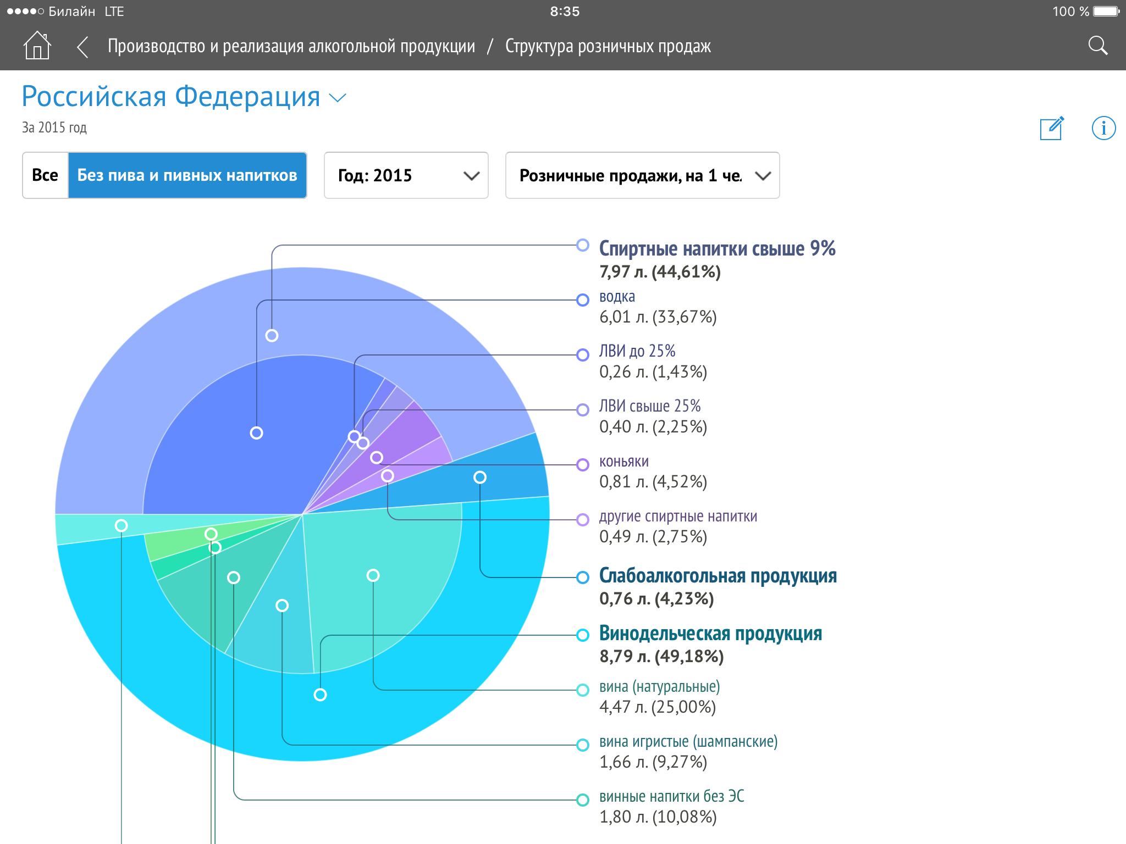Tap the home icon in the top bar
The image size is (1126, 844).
(37, 45)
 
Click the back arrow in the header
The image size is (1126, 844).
(83, 47)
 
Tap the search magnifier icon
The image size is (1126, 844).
(1097, 46)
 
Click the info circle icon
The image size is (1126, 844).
(1103, 129)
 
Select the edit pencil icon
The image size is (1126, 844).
(1052, 129)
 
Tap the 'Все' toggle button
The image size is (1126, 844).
(45, 175)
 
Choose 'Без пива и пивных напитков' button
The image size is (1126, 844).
(187, 175)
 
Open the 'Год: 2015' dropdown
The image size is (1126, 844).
(406, 175)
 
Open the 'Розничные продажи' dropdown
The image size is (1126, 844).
(642, 175)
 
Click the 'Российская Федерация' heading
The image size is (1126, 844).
(171, 97)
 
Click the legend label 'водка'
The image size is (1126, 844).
(617, 297)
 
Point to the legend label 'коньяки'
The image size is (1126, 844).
(623, 462)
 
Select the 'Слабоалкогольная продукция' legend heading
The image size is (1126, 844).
(717, 576)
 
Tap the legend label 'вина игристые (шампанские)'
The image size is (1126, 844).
(688, 742)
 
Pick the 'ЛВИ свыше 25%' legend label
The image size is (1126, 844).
(649, 406)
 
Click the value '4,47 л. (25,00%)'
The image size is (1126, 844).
(657, 707)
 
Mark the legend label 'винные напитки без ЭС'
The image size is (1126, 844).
(671, 797)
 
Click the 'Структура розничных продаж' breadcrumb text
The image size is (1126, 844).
(608, 47)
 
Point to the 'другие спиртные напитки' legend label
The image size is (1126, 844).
(678, 517)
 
